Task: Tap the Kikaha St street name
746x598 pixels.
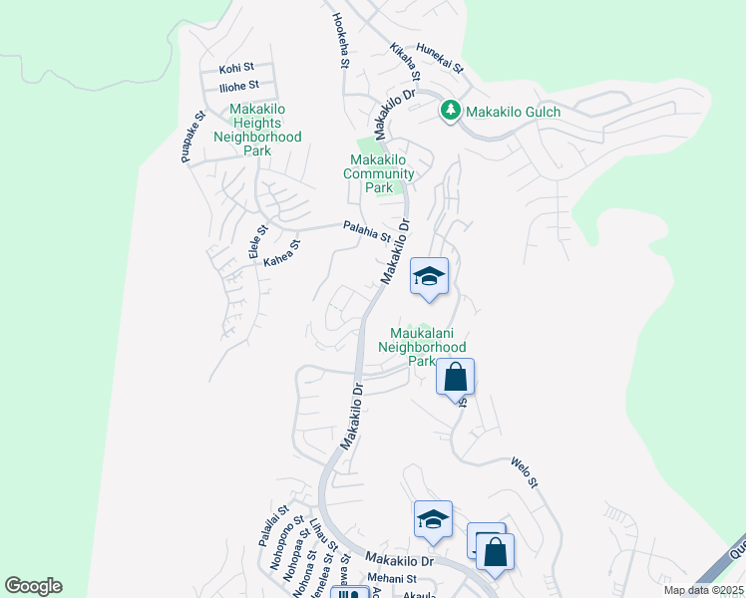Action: (x=405, y=62)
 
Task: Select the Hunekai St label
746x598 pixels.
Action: (x=440, y=58)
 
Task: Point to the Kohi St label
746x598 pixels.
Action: (x=237, y=70)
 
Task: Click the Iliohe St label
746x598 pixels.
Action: (x=239, y=86)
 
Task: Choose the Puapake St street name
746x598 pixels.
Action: (x=192, y=137)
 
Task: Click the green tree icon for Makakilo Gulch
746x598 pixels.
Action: (x=451, y=112)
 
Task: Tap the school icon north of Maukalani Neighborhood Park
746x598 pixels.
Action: (x=429, y=277)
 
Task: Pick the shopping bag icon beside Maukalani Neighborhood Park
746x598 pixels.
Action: (x=455, y=378)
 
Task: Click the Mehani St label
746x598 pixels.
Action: (x=389, y=578)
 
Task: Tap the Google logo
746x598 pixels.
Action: (x=33, y=586)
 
